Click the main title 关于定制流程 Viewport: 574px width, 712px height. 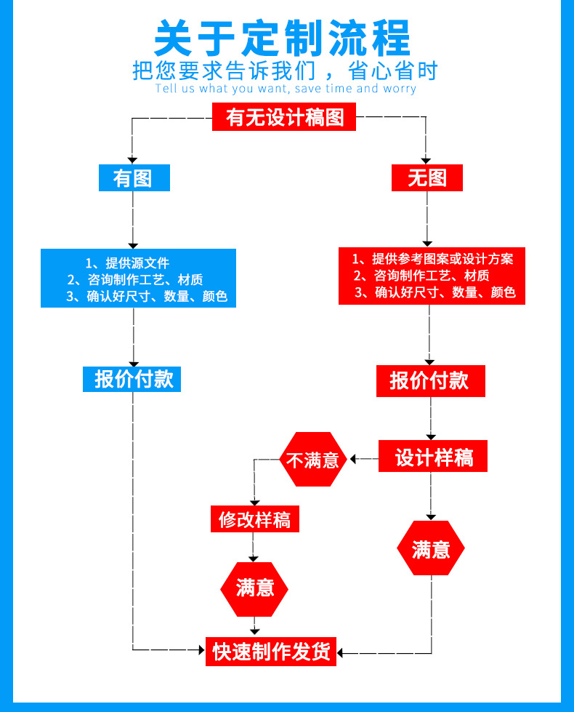282,38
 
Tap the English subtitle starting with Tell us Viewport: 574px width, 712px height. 286,89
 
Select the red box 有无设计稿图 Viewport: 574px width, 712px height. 284,116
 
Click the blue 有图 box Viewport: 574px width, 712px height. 134,177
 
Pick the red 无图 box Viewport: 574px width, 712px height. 427,177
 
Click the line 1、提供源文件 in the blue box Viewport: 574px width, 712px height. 127,263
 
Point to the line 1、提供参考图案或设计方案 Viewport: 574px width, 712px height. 433,259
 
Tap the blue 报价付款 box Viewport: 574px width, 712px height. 132,379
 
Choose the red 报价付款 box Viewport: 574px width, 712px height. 431,381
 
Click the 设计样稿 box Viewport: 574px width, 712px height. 433,456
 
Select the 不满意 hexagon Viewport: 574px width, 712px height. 312,460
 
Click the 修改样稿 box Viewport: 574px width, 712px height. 254,519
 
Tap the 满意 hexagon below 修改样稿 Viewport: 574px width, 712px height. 254,589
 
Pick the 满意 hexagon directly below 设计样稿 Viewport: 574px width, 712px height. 431,548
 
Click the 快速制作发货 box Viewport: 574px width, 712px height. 271,652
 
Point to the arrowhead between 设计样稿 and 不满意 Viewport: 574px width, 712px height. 353,459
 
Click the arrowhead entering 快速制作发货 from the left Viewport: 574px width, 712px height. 202,649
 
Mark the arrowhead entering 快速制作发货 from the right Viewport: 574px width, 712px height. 340,653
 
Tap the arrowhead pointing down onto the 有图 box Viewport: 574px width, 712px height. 132,160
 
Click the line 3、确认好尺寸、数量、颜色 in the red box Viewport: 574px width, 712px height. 435,292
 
